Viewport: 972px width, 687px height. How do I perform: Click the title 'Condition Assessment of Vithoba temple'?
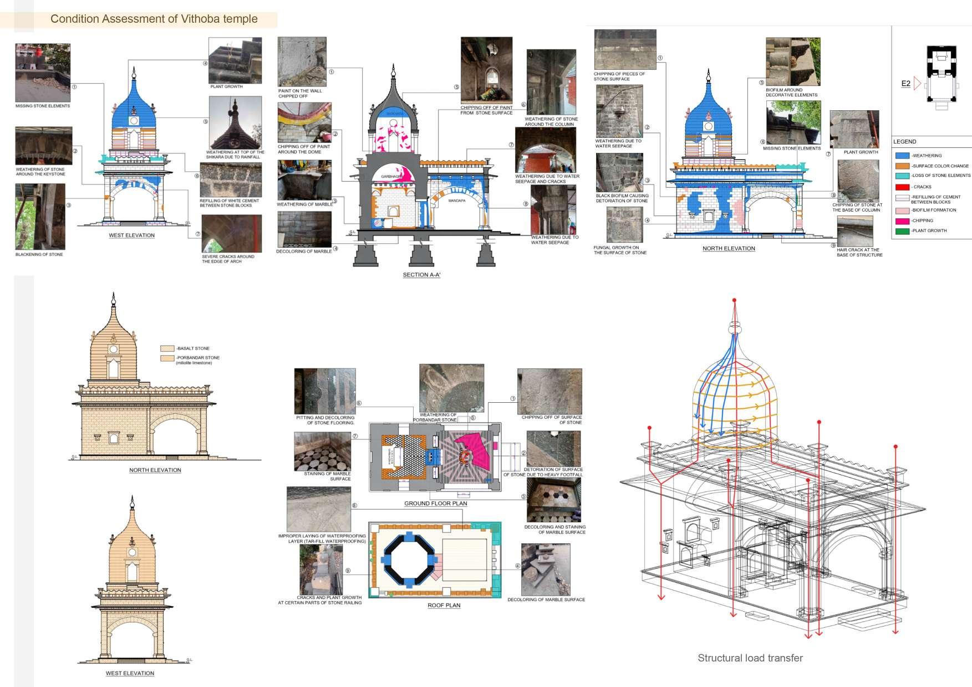tap(154, 19)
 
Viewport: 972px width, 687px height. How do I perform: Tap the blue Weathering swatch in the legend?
tap(902, 156)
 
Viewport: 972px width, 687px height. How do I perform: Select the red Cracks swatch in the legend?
tap(902, 187)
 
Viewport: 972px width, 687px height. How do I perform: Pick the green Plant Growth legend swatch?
tap(902, 231)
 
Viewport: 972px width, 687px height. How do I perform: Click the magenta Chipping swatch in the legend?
tap(902, 221)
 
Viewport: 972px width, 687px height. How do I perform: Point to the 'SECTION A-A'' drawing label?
tap(421, 275)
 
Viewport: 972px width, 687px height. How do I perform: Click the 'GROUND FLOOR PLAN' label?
tap(435, 504)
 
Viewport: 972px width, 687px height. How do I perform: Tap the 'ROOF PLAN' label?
tap(444, 606)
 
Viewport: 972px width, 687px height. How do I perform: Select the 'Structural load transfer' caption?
tap(750, 658)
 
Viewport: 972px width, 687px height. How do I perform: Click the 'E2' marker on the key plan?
tap(905, 84)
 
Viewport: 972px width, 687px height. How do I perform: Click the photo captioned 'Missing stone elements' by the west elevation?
tap(43, 73)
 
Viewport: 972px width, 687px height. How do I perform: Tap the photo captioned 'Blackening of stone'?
tap(40, 217)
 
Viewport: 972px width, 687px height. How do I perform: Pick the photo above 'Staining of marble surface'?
tap(322, 452)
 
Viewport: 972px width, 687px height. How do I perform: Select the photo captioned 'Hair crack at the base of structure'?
tap(854, 231)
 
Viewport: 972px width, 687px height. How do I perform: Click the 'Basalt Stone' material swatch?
tap(167, 348)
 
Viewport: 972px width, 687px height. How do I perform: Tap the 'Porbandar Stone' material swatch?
tap(167, 358)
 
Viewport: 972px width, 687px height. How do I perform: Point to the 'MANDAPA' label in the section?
tap(457, 201)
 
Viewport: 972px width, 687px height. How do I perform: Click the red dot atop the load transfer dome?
tap(734, 300)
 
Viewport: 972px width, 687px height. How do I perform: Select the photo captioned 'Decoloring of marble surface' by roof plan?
tap(546, 570)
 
